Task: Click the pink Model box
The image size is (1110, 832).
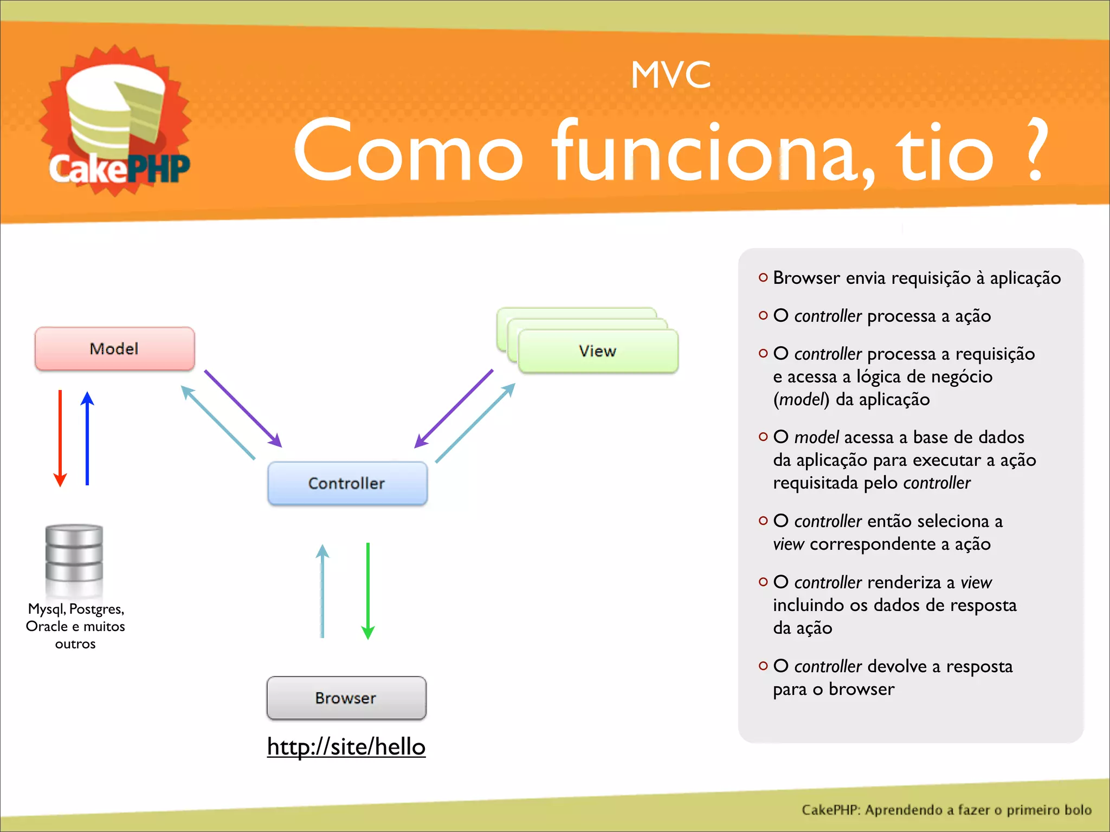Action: click(114, 349)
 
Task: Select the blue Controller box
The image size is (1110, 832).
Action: click(347, 483)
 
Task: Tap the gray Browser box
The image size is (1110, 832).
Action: click(346, 698)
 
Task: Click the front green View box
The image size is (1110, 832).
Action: click(597, 351)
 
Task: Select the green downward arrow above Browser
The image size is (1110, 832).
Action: click(368, 590)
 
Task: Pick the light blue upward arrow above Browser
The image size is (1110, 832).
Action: click(322, 590)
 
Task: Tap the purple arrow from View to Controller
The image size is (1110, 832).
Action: click(454, 408)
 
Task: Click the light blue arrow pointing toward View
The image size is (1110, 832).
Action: click(475, 423)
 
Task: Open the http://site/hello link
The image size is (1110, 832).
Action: click(346, 746)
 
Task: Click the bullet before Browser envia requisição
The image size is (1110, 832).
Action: click(763, 278)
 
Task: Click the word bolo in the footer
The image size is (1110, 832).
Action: click(1077, 810)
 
